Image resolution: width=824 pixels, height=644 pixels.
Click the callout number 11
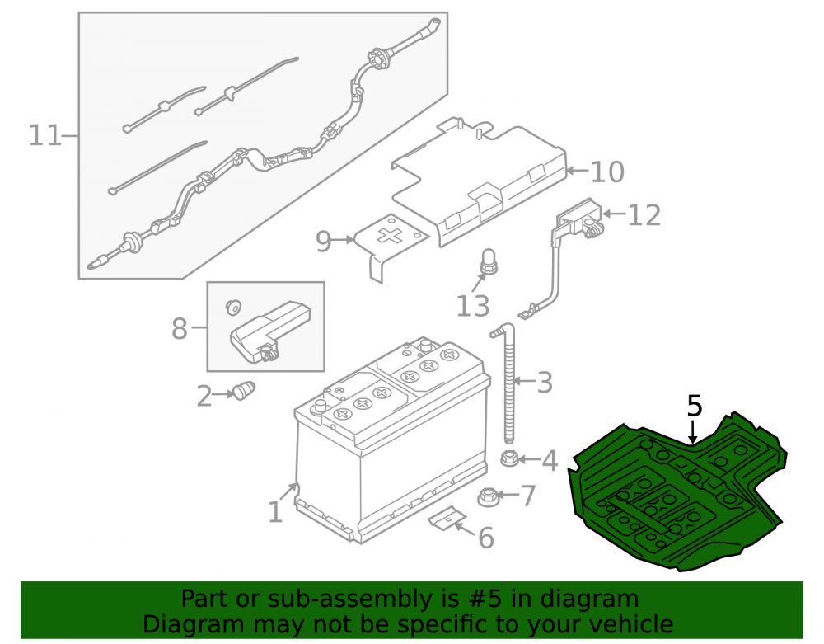[45, 135]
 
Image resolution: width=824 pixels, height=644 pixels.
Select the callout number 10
[607, 172]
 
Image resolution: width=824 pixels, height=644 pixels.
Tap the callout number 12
[644, 215]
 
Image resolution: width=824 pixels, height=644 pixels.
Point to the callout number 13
[472, 306]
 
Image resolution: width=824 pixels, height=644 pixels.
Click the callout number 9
[324, 242]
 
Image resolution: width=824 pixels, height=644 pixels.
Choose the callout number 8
[180, 329]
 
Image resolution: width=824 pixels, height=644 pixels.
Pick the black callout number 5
[694, 407]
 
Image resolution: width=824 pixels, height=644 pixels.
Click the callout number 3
[545, 382]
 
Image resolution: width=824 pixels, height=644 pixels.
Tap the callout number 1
[275, 512]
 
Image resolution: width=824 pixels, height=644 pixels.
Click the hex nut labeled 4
[508, 458]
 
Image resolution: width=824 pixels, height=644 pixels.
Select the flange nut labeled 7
[488, 496]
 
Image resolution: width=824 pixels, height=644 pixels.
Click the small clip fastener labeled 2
[244, 391]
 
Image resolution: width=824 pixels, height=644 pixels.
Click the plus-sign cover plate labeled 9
[391, 246]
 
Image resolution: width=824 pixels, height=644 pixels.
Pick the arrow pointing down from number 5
[694, 431]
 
